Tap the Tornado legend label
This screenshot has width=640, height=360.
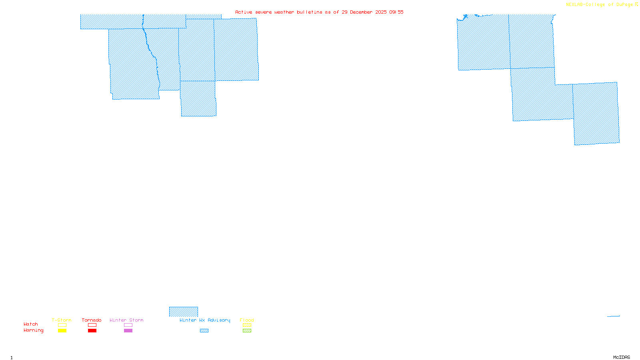pos(92,320)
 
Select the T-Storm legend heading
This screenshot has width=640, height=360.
pos(62,320)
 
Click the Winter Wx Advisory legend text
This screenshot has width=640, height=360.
pos(205,320)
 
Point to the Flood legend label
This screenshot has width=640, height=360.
pos(247,320)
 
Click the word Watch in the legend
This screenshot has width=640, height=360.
pos(31,324)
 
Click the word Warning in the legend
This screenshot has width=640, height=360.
pos(33,330)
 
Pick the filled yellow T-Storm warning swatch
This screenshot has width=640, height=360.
pos(62,331)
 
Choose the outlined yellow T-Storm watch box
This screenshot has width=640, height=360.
pos(62,325)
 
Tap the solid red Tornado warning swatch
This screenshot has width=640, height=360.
pos(92,331)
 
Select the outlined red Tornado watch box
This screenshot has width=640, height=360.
pos(92,325)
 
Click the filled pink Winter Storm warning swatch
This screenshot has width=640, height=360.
pos(128,331)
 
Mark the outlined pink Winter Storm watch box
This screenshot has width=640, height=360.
pos(128,325)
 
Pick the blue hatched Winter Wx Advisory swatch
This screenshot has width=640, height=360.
pos(204,331)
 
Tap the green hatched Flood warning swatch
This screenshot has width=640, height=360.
pos(247,331)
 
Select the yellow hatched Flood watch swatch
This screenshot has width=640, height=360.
pos(247,325)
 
